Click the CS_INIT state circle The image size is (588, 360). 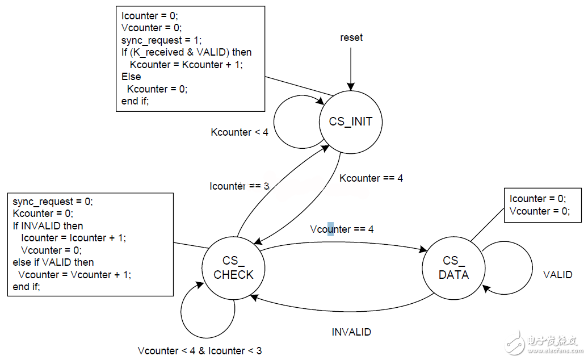tap(350, 122)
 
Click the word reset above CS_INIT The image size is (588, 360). tap(351, 38)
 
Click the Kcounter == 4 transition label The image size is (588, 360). tap(371, 178)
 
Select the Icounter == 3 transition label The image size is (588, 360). tap(239, 186)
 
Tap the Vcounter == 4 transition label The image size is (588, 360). tap(342, 229)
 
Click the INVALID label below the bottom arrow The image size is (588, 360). tap(351, 332)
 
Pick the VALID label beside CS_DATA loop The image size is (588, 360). tap(557, 275)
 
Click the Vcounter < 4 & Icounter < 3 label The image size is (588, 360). tap(200, 350)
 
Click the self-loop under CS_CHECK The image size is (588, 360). tap(207, 318)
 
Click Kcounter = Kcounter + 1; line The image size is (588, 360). tap(184, 65)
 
